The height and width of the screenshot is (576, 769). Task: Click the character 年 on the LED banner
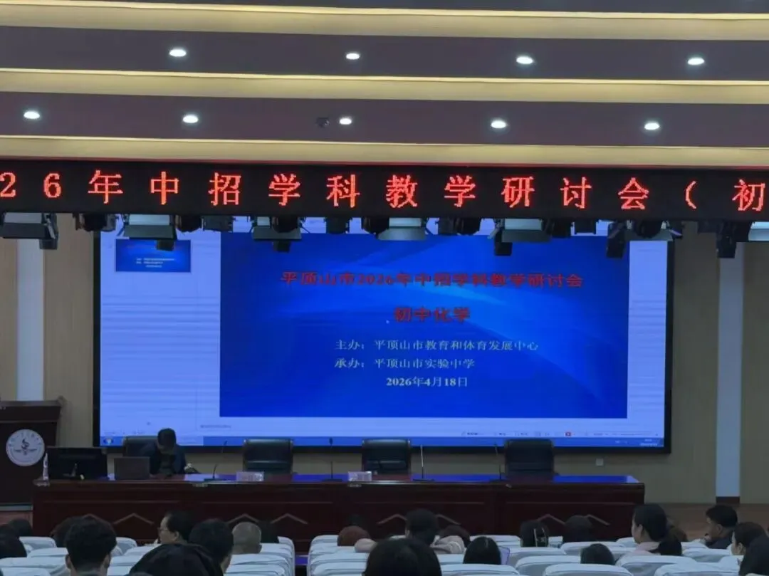105,187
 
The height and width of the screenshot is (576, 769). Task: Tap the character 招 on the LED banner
224,189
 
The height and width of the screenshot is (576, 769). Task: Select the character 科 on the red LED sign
342,191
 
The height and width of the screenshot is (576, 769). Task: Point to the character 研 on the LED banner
517,192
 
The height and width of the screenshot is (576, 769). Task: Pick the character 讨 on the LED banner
575,192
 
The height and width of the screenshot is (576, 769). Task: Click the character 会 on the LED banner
633,194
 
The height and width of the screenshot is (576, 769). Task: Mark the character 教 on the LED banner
401,191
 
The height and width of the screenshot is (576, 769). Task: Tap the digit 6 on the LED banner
51,187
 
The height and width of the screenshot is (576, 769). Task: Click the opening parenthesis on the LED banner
689,194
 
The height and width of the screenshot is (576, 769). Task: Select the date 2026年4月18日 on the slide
427,382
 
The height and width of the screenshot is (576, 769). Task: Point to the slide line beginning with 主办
436,346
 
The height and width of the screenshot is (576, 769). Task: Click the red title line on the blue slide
432,280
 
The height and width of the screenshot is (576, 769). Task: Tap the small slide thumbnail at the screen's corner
152,255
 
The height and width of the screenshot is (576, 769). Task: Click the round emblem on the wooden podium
25,448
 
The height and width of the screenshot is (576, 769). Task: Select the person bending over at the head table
166,452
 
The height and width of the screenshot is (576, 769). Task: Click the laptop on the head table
132,468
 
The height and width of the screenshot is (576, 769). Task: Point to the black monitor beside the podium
76,463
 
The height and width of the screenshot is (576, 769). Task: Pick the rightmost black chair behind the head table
529,456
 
